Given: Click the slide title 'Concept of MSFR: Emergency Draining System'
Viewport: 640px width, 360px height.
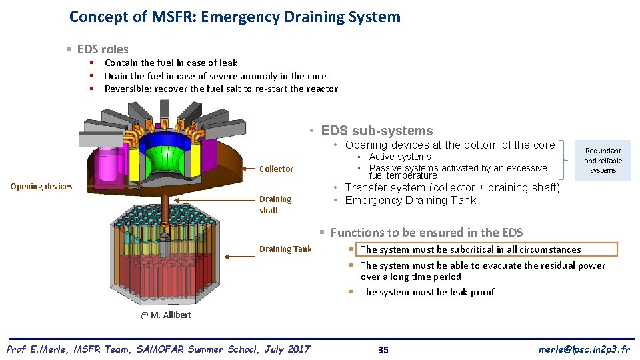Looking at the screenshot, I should (x=235, y=17).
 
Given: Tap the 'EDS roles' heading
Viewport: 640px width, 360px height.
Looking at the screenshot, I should (x=103, y=49).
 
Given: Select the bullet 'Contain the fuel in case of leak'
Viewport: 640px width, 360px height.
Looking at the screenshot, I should (x=171, y=63).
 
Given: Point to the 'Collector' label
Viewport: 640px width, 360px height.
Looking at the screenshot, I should (x=276, y=169).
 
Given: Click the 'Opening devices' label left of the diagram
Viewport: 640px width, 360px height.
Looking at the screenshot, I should (x=41, y=186).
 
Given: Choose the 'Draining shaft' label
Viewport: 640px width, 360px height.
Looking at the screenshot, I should (x=275, y=204).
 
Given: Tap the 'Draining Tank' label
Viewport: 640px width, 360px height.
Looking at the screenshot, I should (x=285, y=249).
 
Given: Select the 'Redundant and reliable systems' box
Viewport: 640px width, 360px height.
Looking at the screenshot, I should (x=603, y=161).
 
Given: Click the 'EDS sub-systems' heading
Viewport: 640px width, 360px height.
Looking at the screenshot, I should (x=377, y=131).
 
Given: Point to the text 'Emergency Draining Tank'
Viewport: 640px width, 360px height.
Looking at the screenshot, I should (x=411, y=200).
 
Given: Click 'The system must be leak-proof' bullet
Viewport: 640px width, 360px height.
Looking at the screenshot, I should (x=427, y=292).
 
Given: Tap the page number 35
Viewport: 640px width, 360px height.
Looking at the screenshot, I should (x=383, y=350).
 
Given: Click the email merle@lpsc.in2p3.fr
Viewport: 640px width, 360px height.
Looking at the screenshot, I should (x=584, y=349).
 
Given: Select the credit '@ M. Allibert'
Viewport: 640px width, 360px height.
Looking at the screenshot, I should (x=165, y=315).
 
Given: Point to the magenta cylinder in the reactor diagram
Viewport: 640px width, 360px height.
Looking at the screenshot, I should (x=106, y=167).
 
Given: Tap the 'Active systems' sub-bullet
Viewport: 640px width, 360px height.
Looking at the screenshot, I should (x=400, y=157).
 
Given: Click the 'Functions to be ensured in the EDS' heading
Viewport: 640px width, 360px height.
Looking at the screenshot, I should (x=427, y=233).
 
